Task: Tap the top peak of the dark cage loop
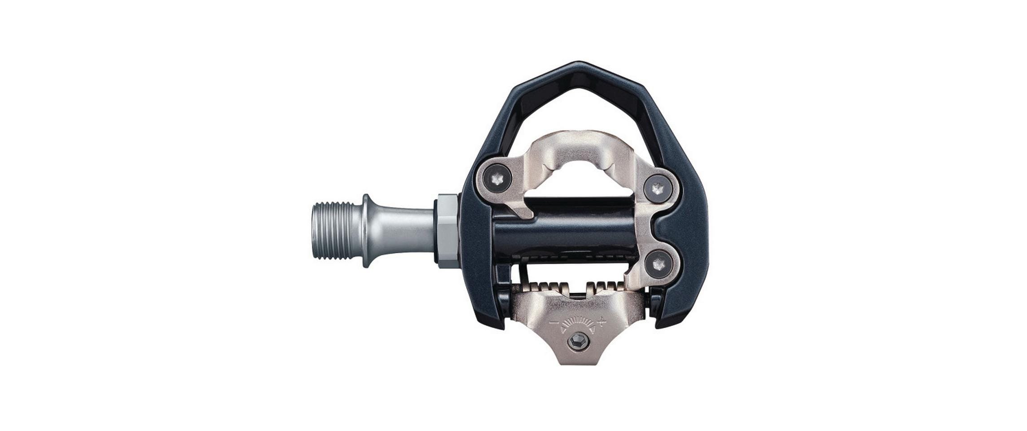(x=579, y=67)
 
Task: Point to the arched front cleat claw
(x=579, y=148)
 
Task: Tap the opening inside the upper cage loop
(x=579, y=108)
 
